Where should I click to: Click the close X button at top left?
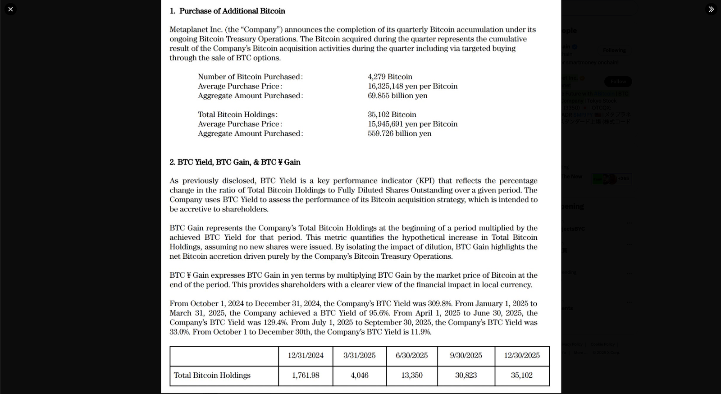pyautogui.click(x=10, y=9)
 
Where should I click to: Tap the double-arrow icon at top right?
pyautogui.click(x=711, y=9)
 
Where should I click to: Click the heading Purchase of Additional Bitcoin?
pyautogui.click(x=232, y=11)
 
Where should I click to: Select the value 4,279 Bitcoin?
pyautogui.click(x=390, y=77)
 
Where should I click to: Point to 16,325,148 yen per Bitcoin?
pyautogui.click(x=412, y=86)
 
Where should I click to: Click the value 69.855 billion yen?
pyautogui.click(x=397, y=96)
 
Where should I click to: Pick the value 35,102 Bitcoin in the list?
pyautogui.click(x=392, y=115)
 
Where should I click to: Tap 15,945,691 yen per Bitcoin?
pyautogui.click(x=412, y=124)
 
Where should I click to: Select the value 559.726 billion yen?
pyautogui.click(x=399, y=133)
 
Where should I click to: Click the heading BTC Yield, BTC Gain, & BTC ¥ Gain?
pyautogui.click(x=235, y=162)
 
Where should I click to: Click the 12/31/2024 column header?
pyautogui.click(x=306, y=356)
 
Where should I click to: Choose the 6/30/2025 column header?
pyautogui.click(x=411, y=356)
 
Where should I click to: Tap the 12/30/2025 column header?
pyautogui.click(x=521, y=356)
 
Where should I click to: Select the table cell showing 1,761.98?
pyautogui.click(x=306, y=376)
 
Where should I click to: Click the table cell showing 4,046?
pyautogui.click(x=359, y=376)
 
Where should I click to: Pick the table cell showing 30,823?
pyautogui.click(x=465, y=376)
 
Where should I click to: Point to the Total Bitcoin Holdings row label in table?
pyautogui.click(x=212, y=376)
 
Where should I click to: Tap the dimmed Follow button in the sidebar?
pyautogui.click(x=618, y=82)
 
